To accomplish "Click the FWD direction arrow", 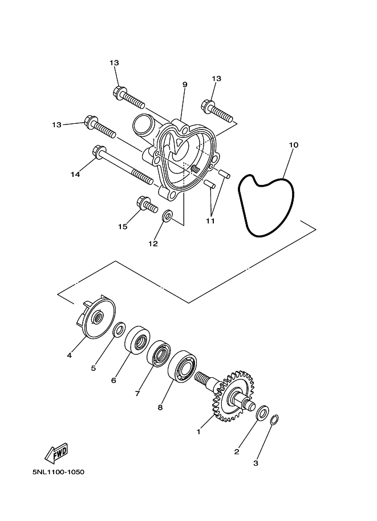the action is click(x=56, y=453).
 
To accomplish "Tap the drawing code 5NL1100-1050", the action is click(x=58, y=472).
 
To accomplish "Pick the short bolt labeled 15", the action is click(x=147, y=204).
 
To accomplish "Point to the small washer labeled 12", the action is click(x=167, y=215).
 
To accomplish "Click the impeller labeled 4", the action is click(x=95, y=317).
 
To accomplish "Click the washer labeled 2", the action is click(x=262, y=413).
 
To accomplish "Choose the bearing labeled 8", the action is click(x=183, y=366).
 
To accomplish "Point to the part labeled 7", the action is click(x=159, y=353).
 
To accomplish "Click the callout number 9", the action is click(x=185, y=84).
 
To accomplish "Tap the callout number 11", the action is click(x=210, y=221).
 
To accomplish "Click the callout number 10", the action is click(x=294, y=145).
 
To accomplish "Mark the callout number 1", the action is click(x=198, y=433).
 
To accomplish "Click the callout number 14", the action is click(x=75, y=174).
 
